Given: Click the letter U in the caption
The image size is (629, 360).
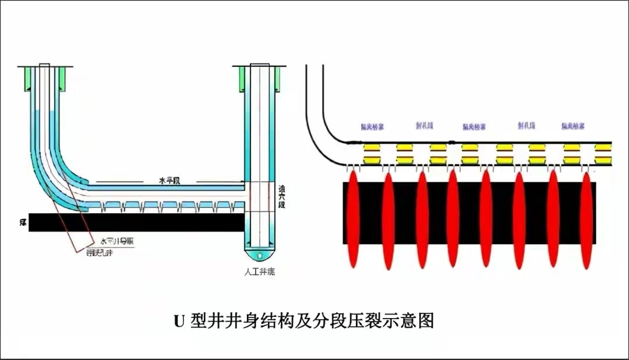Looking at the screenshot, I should click(x=179, y=321).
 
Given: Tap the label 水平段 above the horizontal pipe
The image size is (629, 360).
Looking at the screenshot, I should click(x=169, y=181).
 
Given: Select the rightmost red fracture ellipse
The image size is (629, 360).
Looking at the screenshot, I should click(x=586, y=218).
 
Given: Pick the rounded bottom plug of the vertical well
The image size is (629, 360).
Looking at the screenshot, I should click(x=260, y=255).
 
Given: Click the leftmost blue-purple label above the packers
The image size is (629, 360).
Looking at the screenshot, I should click(x=372, y=126).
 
